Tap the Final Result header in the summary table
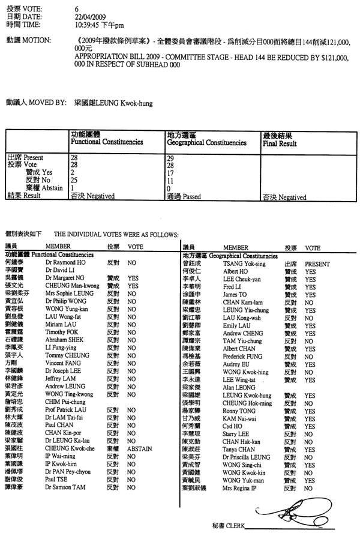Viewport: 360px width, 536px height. point(279,145)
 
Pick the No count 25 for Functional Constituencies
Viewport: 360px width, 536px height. point(74,178)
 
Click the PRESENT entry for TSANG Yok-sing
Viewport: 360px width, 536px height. point(317,263)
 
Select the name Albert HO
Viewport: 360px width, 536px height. point(235,271)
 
